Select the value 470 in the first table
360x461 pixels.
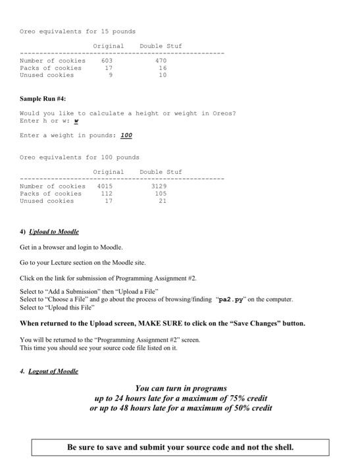[161, 61]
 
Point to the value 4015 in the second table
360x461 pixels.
[105, 186]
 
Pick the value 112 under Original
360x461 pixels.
[107, 194]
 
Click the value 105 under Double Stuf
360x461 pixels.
[161, 194]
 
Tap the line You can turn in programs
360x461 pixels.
[180, 389]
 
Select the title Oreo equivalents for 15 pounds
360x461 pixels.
[78, 31]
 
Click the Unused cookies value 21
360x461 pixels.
[162, 201]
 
